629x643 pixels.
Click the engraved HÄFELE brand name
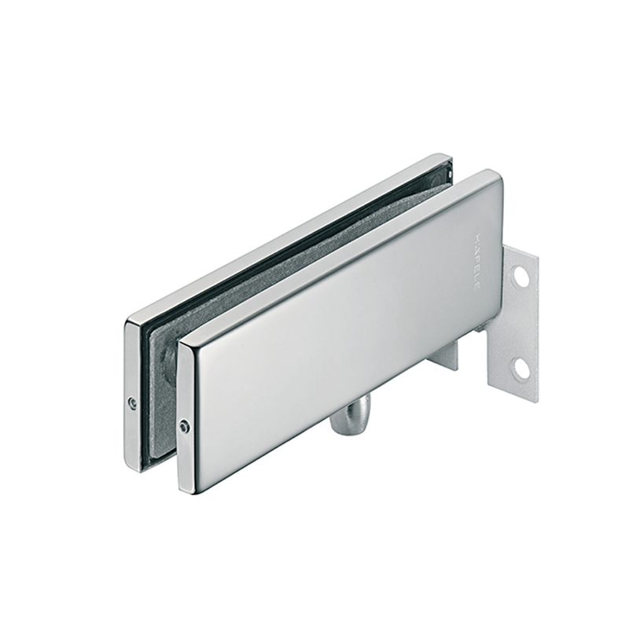click(475, 263)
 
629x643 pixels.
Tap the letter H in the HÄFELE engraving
click(475, 238)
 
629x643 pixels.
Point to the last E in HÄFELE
click(475, 288)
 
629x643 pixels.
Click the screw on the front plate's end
click(182, 427)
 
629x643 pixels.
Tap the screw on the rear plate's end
click(131, 402)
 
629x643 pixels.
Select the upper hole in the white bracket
click(520, 277)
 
